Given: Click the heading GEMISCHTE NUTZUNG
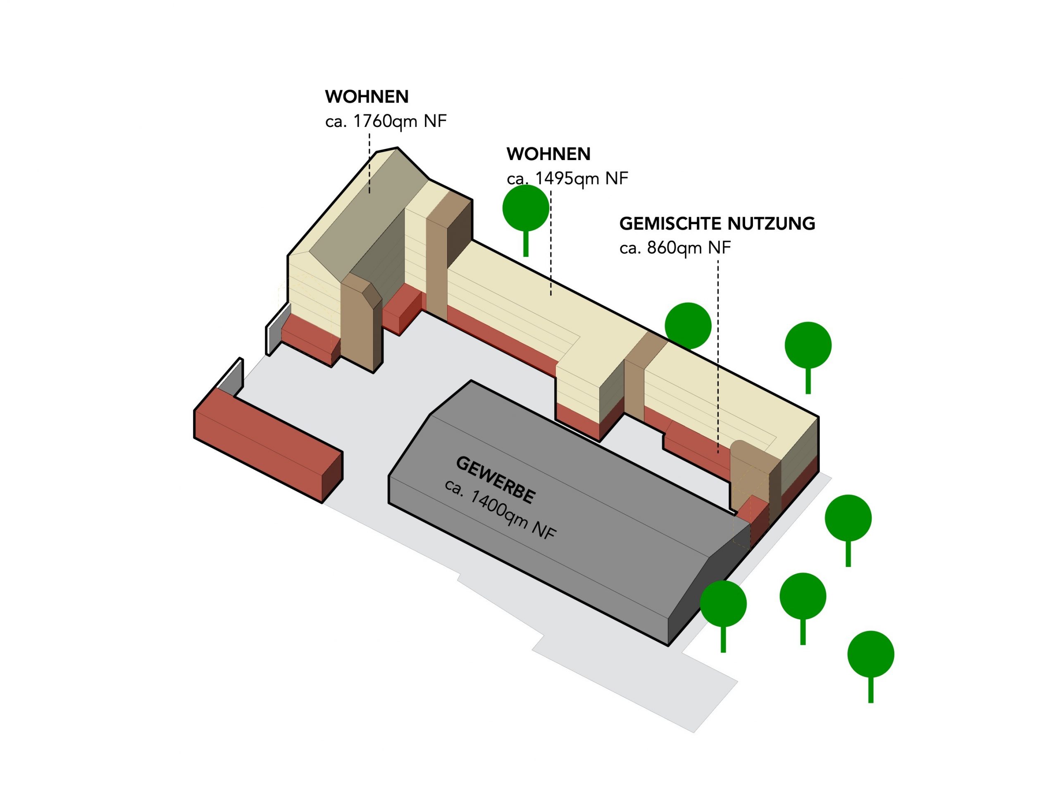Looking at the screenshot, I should click(717, 223).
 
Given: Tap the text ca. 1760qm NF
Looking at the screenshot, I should click(386, 121).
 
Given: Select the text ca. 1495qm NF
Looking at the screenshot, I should click(567, 179).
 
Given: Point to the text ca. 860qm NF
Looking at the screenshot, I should click(675, 248).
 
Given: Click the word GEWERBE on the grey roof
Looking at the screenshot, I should click(495, 480).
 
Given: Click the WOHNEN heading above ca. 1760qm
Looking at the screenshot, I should click(367, 97).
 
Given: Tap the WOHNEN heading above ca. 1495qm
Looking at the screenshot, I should click(548, 154).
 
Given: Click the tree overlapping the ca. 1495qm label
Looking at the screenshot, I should click(526, 209).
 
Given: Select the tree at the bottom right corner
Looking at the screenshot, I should click(870, 654).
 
